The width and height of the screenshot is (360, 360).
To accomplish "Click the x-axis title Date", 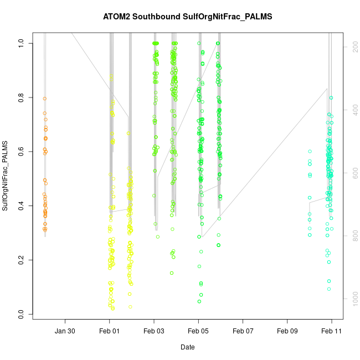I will click(187, 347).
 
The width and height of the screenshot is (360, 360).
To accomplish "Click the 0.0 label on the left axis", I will click(21, 314).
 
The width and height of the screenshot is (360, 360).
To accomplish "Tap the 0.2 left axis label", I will click(21, 260).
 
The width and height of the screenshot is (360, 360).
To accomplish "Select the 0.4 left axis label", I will click(21, 205).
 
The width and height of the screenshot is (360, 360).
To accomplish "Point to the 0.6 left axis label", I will click(21, 151).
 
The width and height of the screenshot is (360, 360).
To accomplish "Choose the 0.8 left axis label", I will click(21, 97).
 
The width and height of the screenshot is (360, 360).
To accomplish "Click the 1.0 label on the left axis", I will click(21, 43).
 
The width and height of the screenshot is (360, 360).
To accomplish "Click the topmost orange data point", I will click(44, 99).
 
